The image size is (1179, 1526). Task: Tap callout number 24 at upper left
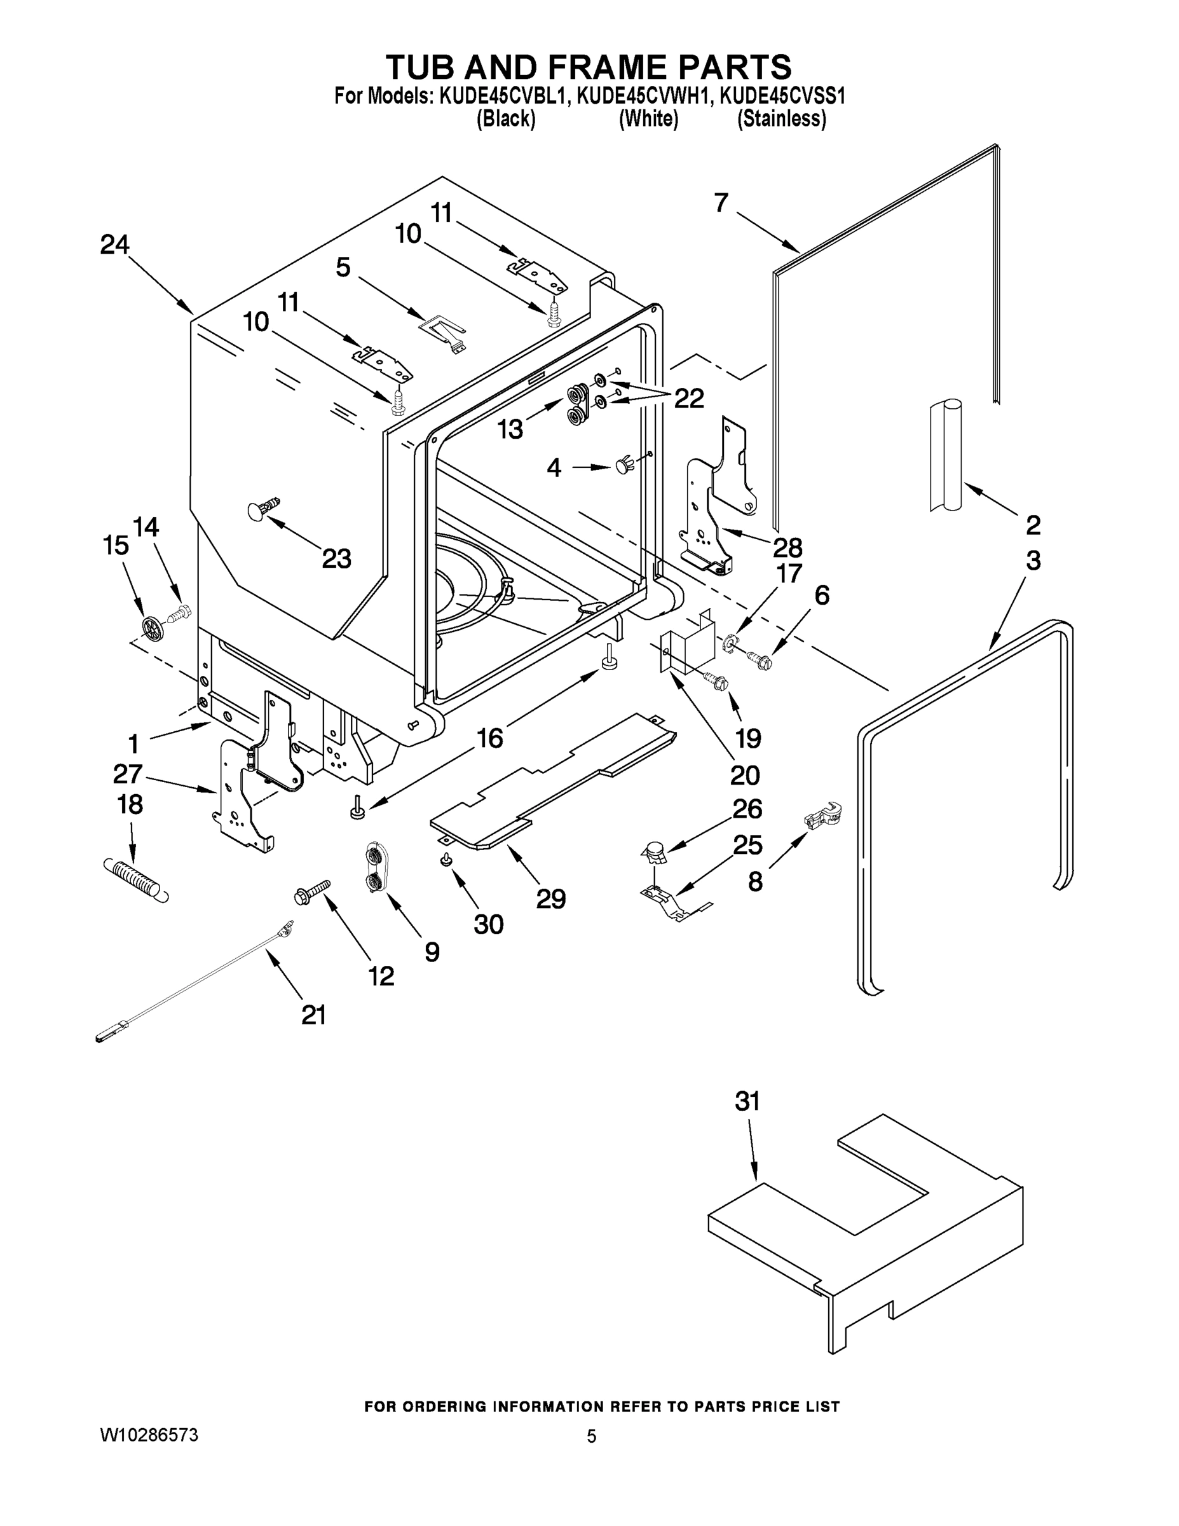click(x=114, y=245)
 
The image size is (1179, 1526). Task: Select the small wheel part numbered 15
click(x=151, y=626)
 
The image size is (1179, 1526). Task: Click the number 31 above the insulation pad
click(x=747, y=1102)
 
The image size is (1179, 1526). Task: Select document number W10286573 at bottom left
click(x=149, y=1435)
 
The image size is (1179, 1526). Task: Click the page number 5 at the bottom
click(x=591, y=1436)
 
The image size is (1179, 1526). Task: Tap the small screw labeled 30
click(x=444, y=860)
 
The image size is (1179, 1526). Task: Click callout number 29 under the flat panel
click(x=550, y=898)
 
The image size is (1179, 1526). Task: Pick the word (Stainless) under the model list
click(x=782, y=120)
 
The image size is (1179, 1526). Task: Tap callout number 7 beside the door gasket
click(x=721, y=203)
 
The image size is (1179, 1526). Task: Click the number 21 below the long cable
click(x=313, y=1015)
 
